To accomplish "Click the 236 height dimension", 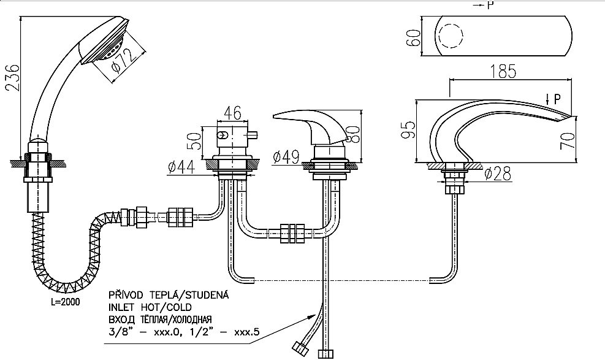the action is [12, 77].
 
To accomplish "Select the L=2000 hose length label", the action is [66, 302].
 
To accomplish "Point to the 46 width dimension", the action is [232, 113].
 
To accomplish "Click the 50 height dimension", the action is [196, 141].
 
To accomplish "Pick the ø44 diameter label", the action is [181, 167].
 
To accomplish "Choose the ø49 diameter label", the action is [286, 157].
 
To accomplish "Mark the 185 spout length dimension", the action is [503, 71].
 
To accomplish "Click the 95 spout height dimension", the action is [409, 129].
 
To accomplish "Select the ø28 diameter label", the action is [498, 174].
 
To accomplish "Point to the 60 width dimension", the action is [413, 37].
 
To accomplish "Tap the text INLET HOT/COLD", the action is [150, 307].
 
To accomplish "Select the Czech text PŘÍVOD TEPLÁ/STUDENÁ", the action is [169, 295].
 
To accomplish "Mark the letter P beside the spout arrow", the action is [557, 100].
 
